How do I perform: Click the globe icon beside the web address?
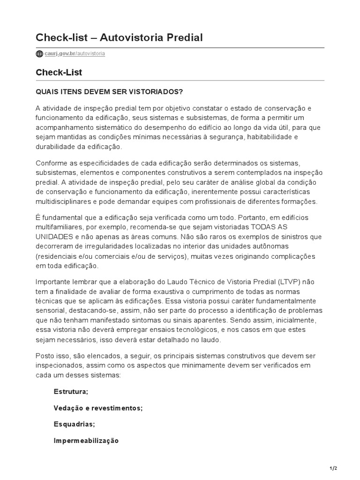pos(39,54)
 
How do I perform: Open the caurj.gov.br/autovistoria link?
pos(75,54)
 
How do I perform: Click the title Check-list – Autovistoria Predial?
pos(119,37)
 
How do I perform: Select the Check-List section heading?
pos(59,72)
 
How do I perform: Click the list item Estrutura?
pos(71,392)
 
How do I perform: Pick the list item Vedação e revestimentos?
pos(98,408)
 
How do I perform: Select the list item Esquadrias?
pos(74,424)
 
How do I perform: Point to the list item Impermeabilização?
pos(86,441)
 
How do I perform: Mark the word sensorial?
pos(50,310)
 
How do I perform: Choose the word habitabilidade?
pos(265,137)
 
